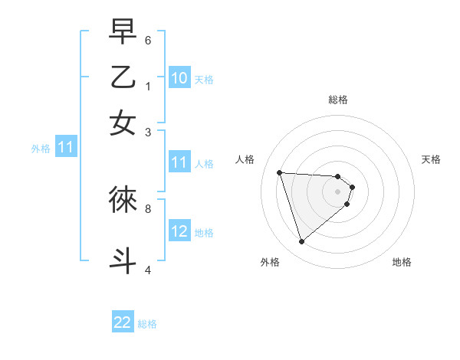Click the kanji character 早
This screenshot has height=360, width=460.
123,32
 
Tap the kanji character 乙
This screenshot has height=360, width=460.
123,77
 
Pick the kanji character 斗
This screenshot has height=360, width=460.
123,259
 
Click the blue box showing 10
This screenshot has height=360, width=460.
179,78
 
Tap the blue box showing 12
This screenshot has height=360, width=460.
179,231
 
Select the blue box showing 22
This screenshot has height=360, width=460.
123,322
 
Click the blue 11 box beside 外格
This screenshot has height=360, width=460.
65,148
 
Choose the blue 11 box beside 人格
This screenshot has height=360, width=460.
179,162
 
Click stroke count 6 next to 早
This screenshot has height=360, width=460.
148,40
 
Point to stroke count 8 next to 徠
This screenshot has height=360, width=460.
148,208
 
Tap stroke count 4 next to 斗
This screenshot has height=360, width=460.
148,269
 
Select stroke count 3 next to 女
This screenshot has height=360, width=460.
148,132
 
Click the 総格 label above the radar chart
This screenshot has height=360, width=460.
338,100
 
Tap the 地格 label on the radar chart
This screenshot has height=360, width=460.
402,262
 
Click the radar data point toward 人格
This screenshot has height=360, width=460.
280,172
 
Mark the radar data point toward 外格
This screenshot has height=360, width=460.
301,242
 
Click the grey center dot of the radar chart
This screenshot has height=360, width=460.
338,191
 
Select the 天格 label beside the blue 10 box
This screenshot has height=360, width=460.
204,79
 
